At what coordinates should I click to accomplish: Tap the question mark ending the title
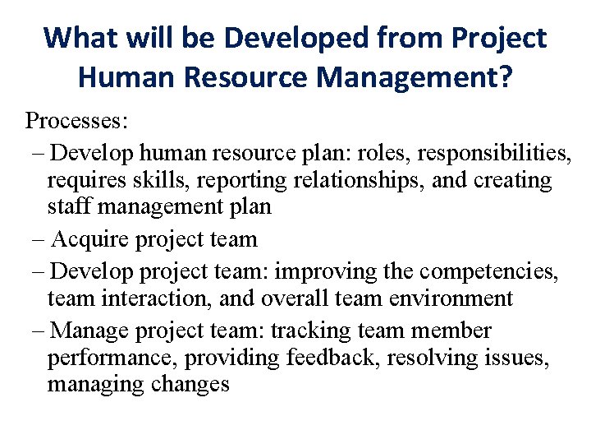click(504, 78)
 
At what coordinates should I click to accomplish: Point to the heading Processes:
click(76, 121)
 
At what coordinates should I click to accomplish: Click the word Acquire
click(88, 239)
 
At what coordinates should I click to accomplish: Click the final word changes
click(188, 385)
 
